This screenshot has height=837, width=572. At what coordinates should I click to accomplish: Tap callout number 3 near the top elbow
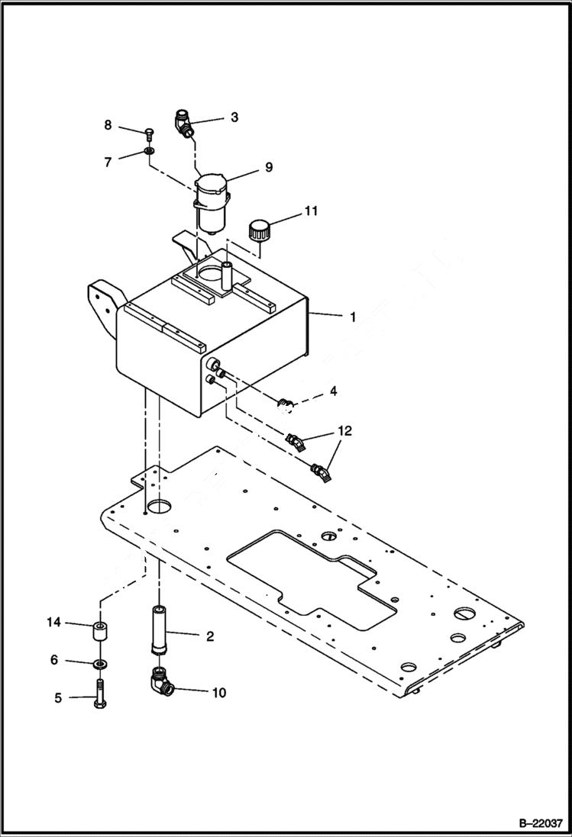[234, 118]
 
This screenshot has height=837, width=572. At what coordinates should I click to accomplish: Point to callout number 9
[268, 167]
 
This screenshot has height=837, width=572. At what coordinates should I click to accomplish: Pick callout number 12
[345, 432]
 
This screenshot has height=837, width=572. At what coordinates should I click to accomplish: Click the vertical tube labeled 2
[160, 628]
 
